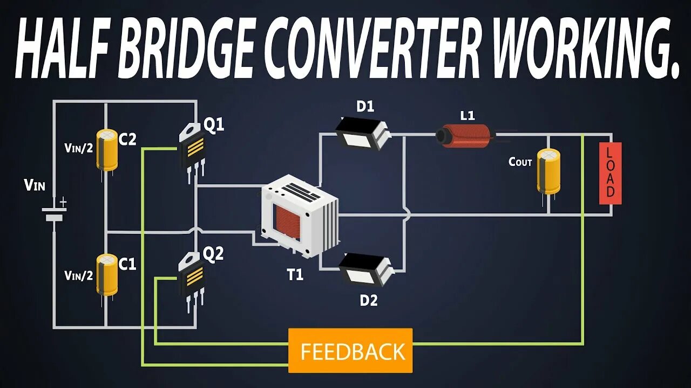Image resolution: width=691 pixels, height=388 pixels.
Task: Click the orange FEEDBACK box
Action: point(350,351)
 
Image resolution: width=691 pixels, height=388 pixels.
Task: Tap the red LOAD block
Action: point(610,174)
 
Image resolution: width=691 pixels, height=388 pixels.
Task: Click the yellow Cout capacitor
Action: point(548,171)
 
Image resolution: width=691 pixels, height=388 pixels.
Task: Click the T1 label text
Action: point(295,275)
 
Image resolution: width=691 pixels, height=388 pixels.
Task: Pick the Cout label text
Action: point(520,162)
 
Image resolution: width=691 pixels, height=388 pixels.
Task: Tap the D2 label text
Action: point(369,300)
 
